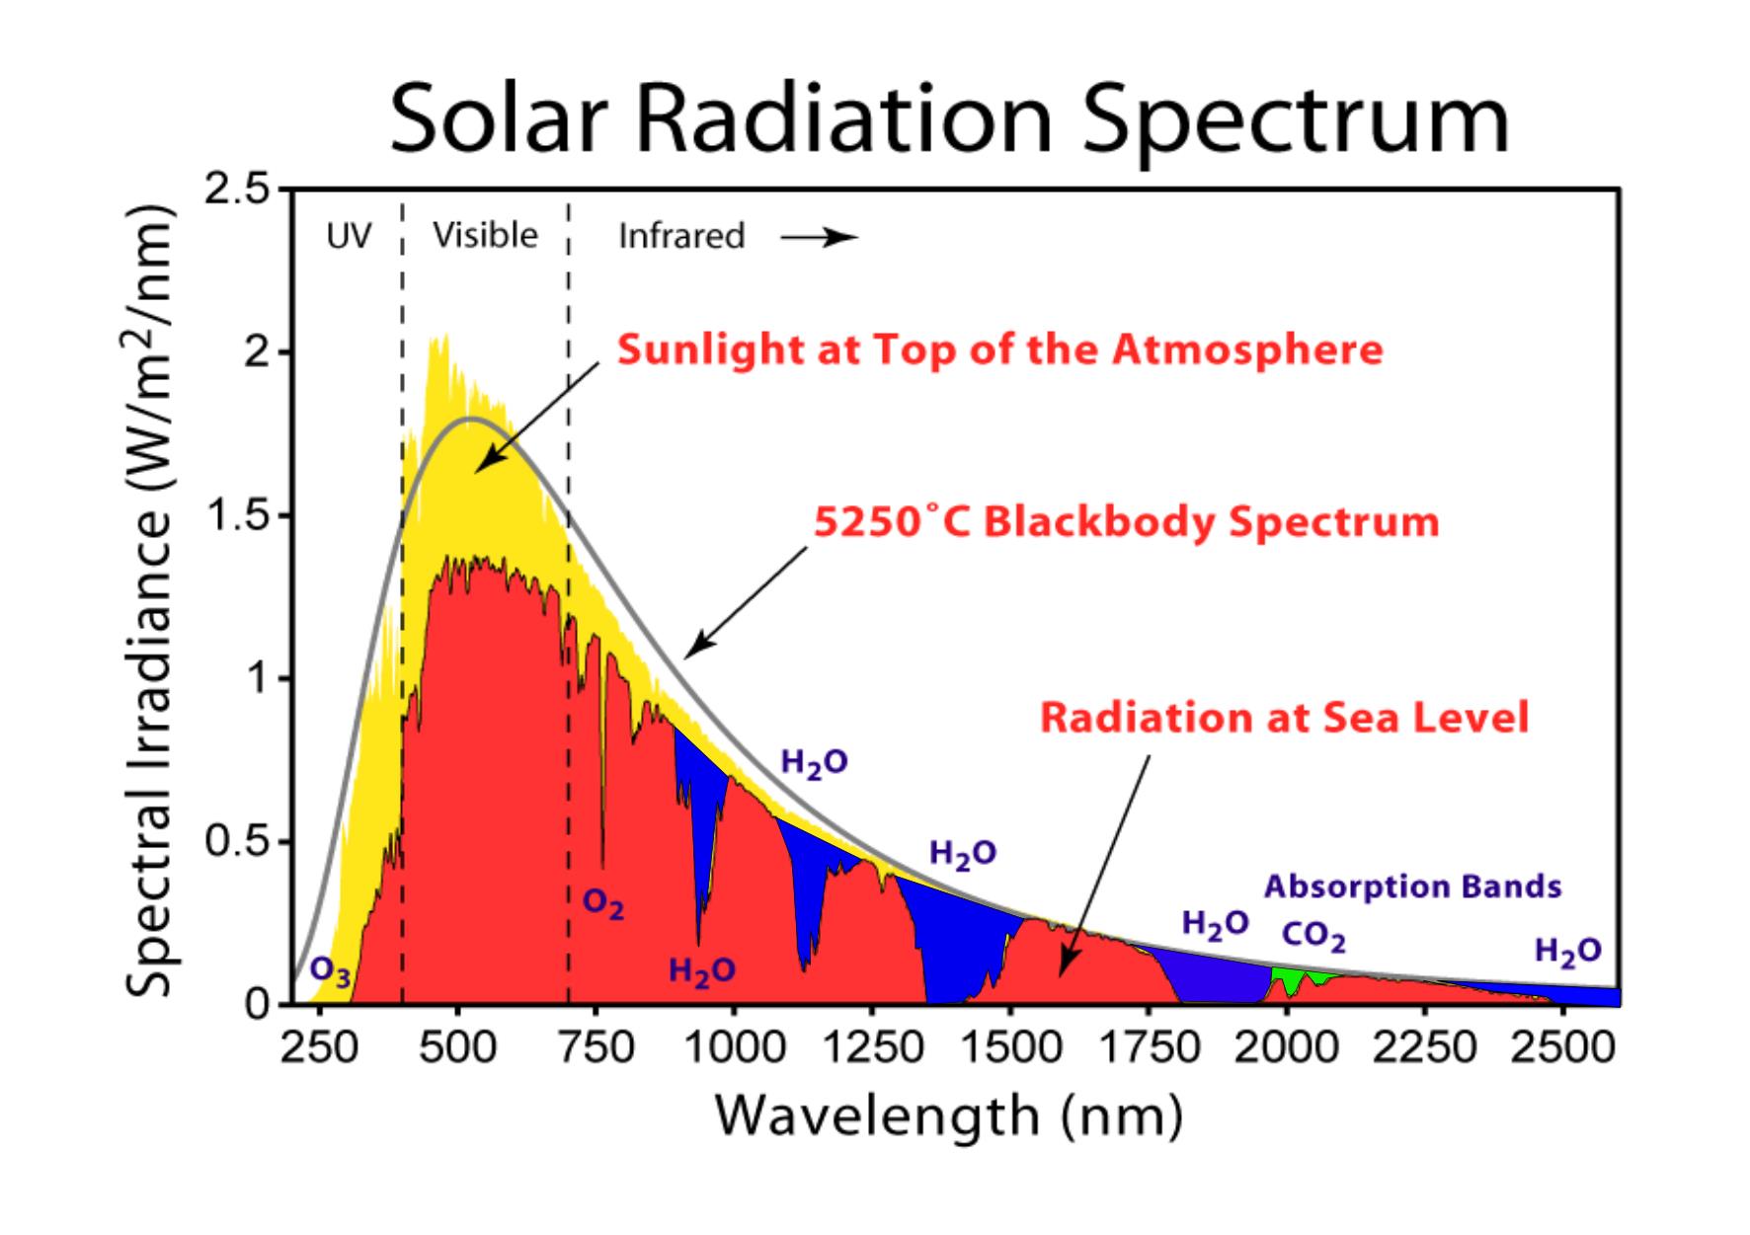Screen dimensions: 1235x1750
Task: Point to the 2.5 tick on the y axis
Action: (237, 190)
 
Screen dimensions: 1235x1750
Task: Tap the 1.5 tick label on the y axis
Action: (237, 516)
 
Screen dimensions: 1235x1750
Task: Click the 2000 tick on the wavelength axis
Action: (1286, 1046)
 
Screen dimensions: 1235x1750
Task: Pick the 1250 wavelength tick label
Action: (871, 1046)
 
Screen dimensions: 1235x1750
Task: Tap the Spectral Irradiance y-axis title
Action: (150, 602)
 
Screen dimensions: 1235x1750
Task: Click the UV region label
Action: (349, 237)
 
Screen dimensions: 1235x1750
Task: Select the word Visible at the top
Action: (485, 236)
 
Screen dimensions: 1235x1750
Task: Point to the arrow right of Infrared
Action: (819, 238)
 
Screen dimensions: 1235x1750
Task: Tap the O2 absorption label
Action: (602, 903)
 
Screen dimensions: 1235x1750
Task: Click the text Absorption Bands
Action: (1412, 887)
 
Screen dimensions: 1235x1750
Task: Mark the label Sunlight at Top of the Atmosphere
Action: (999, 350)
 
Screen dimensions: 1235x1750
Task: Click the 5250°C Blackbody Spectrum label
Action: (1126, 521)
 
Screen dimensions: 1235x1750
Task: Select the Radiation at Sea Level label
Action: (1284, 718)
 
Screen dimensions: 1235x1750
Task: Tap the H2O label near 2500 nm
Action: (1567, 951)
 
